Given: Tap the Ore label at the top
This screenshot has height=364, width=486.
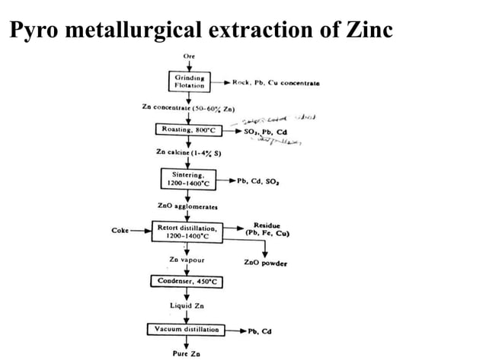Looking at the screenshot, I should tap(188, 56).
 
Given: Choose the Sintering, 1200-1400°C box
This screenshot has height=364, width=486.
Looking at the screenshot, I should tap(187, 179).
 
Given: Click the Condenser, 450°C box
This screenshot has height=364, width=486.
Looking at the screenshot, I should tap(187, 281).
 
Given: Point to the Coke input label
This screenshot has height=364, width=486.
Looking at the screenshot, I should tap(120, 228).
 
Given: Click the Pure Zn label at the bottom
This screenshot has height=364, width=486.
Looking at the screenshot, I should tap(187, 353).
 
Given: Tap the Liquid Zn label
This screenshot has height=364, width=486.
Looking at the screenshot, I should tap(187, 305).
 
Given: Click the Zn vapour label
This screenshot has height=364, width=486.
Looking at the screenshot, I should tap(187, 260).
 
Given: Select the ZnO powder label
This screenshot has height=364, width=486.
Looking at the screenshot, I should tap(265, 263).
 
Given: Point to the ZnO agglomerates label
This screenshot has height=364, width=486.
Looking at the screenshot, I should tap(187, 206).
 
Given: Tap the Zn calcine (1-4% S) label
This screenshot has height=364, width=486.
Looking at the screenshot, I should tap(187, 153).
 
